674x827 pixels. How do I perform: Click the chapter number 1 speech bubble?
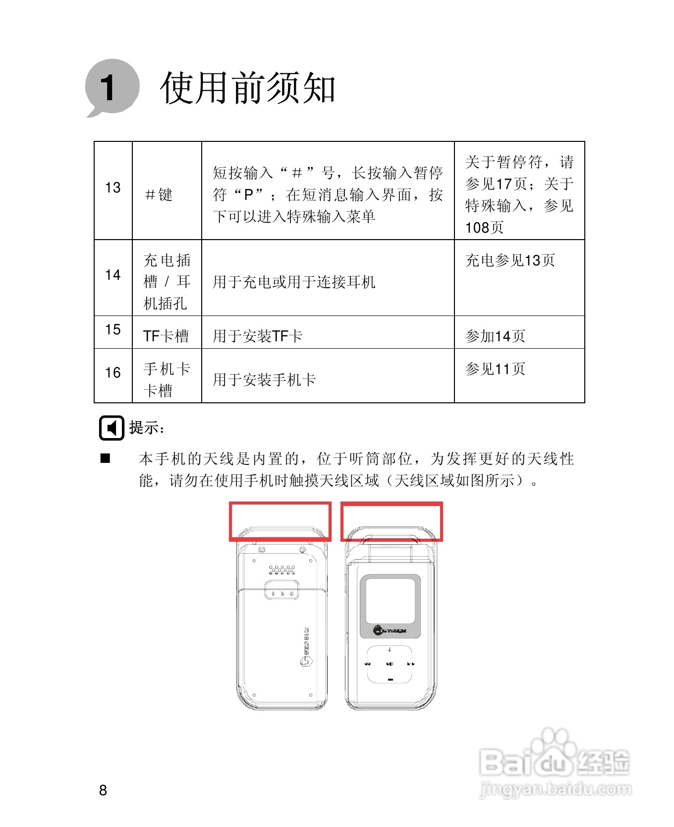[x=112, y=87]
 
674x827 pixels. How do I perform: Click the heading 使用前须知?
[x=248, y=88]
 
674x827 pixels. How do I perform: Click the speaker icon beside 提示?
[x=112, y=428]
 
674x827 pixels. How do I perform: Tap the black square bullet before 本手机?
[x=106, y=458]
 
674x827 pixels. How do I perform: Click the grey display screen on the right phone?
[x=390, y=600]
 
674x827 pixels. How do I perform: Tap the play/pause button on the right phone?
[x=390, y=664]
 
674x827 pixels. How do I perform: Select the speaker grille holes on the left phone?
[x=281, y=570]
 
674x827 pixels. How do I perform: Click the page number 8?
[x=103, y=790]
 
